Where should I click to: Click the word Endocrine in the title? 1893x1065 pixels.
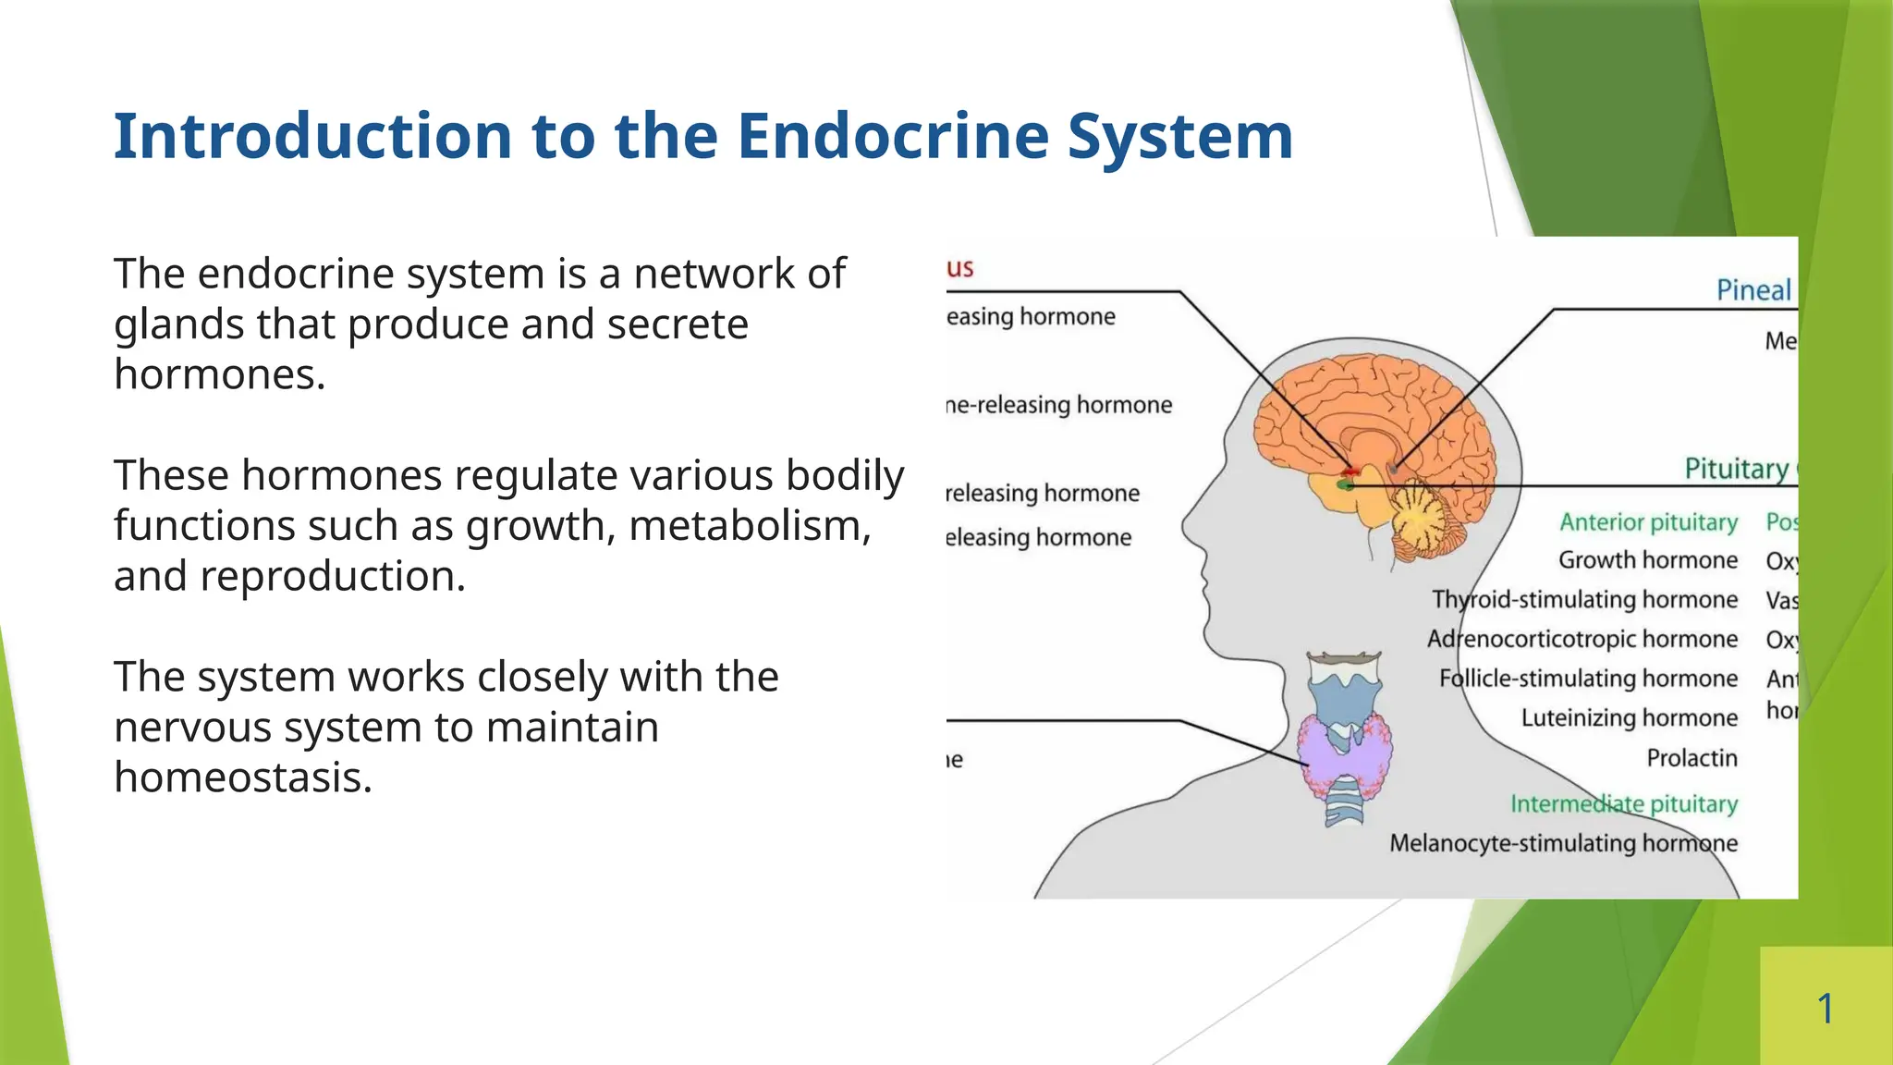(893, 137)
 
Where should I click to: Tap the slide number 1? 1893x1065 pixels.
(1825, 1008)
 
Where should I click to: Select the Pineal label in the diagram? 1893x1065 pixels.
(1753, 290)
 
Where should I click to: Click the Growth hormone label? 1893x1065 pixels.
(1647, 560)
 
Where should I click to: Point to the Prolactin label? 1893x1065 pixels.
(1691, 758)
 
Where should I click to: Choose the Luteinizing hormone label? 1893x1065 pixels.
(1629, 718)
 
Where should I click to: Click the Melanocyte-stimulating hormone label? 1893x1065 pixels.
(1563, 843)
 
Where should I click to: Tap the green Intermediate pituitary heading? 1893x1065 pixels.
(1623, 803)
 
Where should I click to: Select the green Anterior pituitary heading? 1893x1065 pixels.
(1648, 522)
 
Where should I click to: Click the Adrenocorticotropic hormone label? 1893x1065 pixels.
(1582, 639)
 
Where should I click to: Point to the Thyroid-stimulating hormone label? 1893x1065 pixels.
(1584, 600)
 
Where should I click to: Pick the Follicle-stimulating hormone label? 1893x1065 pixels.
(1588, 679)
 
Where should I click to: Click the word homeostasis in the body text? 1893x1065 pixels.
(242, 777)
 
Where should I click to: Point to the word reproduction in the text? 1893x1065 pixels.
(333, 576)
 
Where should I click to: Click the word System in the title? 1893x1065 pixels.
(1179, 137)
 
